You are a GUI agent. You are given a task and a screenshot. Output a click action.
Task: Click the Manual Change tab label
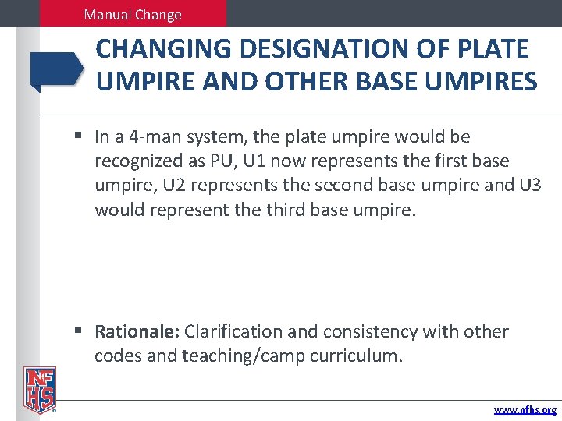click(132, 15)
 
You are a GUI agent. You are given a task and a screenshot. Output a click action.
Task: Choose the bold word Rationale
click(137, 332)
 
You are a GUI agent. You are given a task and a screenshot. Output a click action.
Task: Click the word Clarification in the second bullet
click(234, 332)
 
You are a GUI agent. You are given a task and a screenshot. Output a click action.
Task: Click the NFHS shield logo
click(39, 388)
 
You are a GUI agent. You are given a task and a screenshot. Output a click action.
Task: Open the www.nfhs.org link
click(525, 409)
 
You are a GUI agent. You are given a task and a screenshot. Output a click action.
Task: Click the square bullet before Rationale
click(80, 332)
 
